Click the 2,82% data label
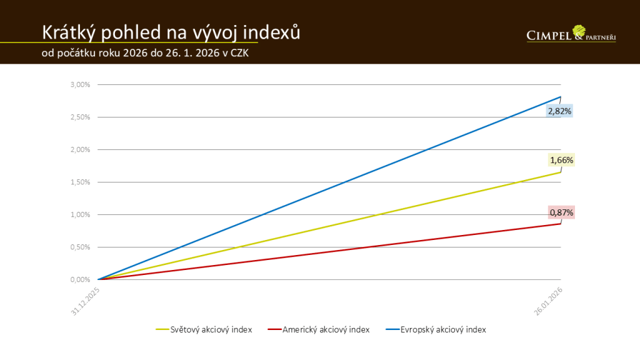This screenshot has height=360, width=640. click(x=560, y=111)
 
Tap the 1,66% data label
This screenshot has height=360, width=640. click(x=561, y=160)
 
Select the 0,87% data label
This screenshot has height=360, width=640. click(x=561, y=212)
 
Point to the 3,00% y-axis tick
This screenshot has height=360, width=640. click(x=81, y=84)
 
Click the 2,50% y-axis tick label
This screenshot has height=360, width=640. click(x=81, y=117)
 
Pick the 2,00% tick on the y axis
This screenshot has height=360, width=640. click(x=81, y=149)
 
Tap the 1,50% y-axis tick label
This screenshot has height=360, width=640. click(x=81, y=182)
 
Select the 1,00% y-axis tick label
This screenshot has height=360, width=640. click(x=81, y=214)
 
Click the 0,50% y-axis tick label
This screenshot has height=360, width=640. click(x=81, y=247)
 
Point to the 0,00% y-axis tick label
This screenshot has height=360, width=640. click(x=81, y=279)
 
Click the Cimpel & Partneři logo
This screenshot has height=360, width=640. click(x=571, y=34)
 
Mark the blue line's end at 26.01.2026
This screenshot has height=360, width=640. click(x=561, y=97)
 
